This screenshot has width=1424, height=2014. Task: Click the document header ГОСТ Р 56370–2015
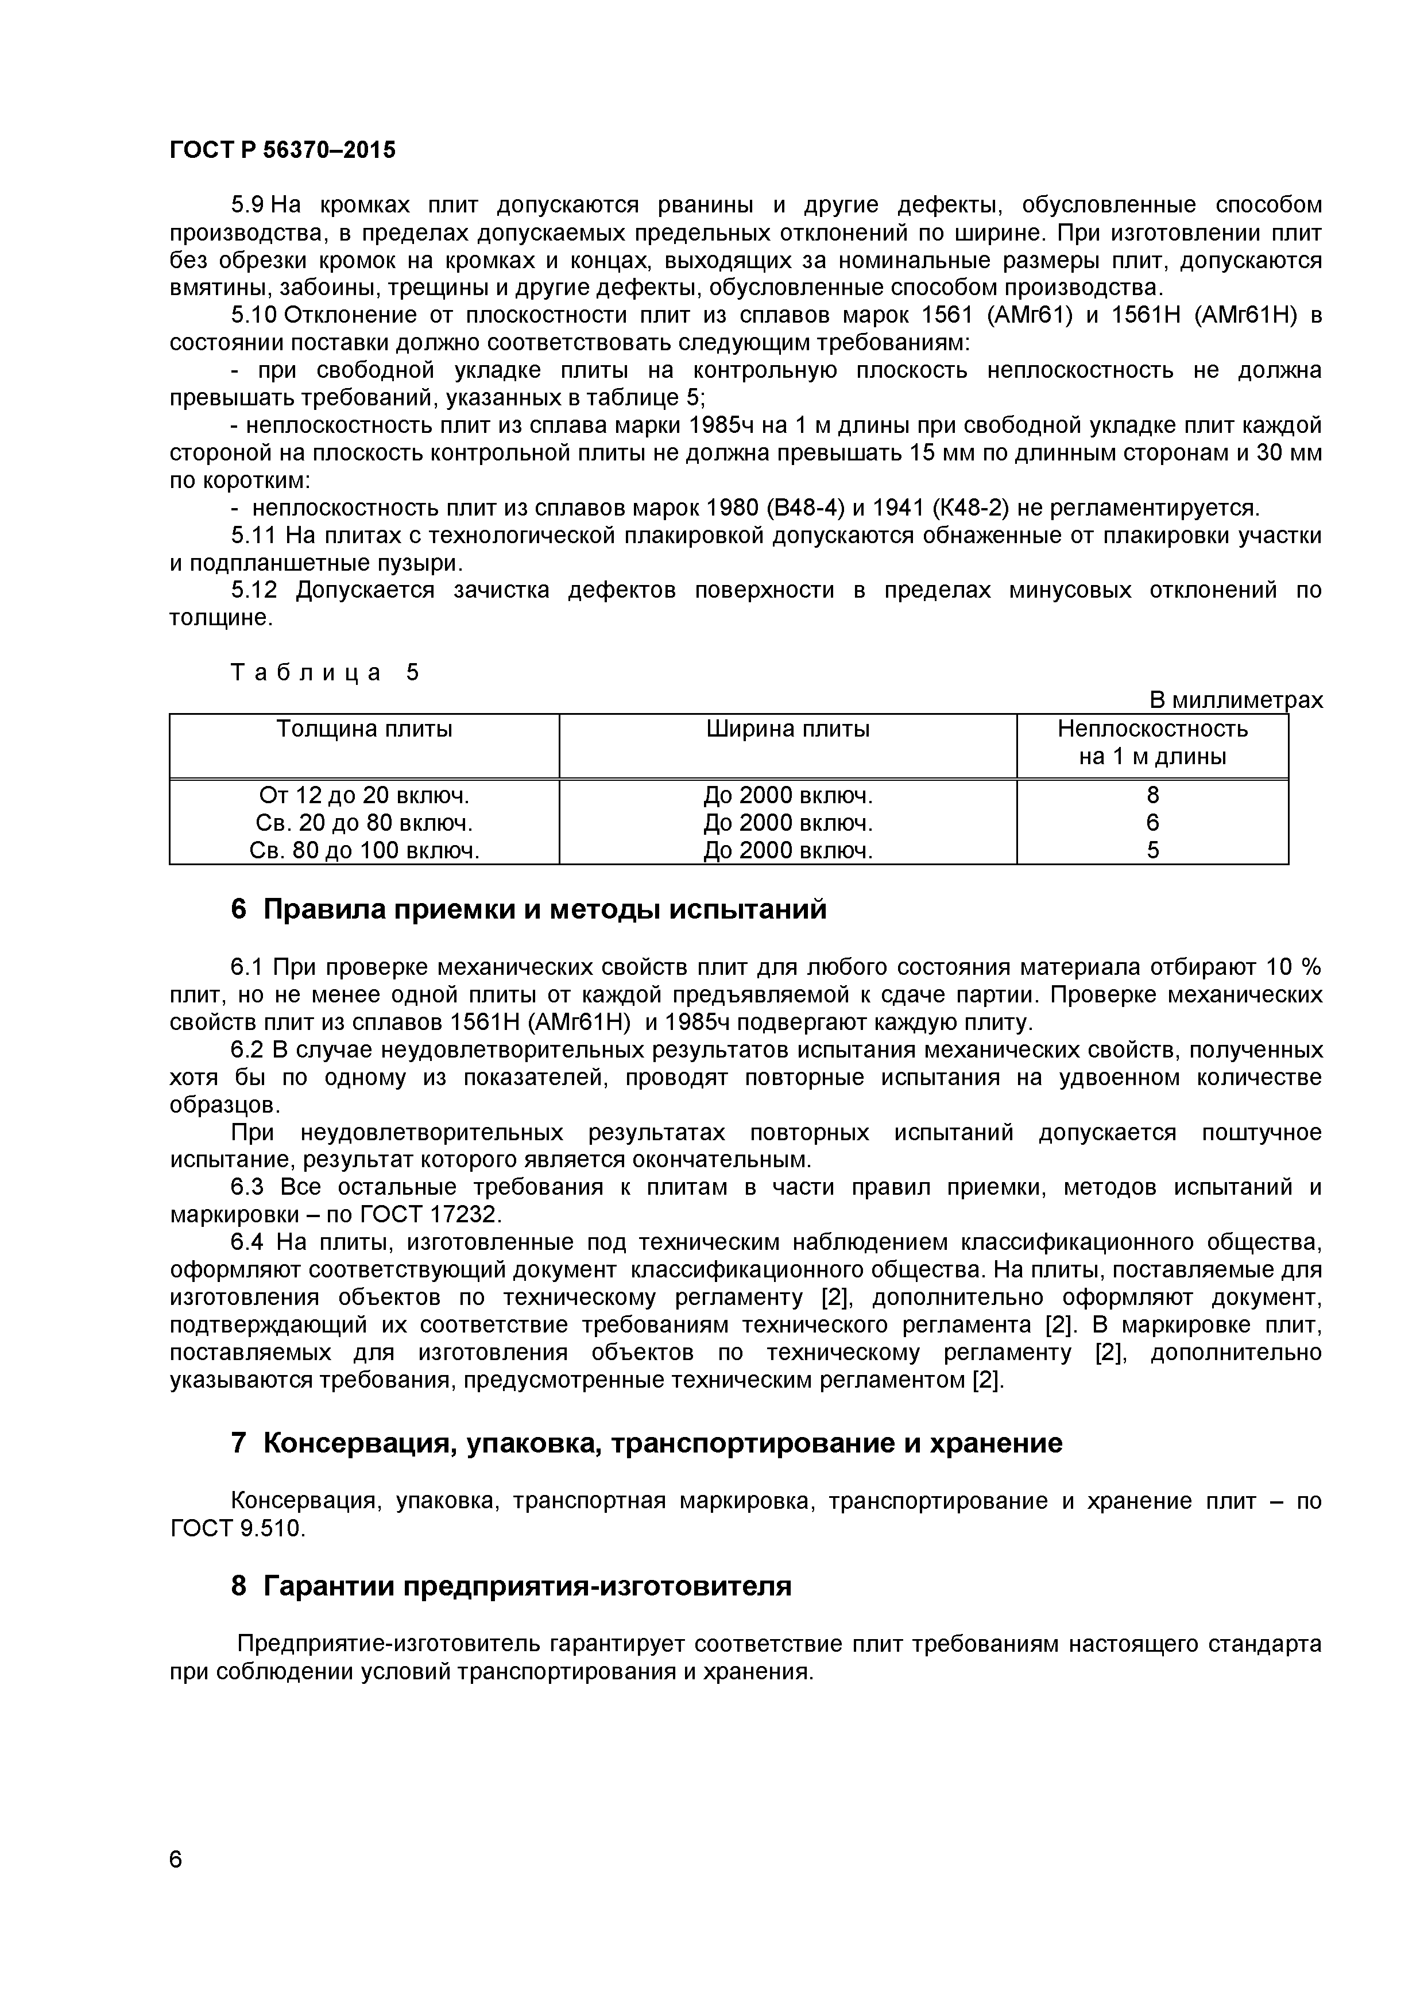(x=281, y=150)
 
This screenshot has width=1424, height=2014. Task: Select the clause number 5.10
(x=254, y=316)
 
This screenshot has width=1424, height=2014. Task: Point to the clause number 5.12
(x=254, y=590)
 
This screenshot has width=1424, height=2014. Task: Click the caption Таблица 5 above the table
(x=324, y=673)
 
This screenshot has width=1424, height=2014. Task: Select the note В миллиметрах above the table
(x=1235, y=700)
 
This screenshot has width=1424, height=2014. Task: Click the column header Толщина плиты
(x=364, y=729)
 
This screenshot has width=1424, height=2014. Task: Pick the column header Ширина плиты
(x=787, y=729)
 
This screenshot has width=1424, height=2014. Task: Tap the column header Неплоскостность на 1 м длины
(x=1152, y=742)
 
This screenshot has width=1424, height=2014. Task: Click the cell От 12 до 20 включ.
(x=364, y=796)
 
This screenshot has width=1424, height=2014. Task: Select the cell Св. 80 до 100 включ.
(x=364, y=850)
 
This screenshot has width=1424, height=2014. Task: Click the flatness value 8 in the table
(x=1152, y=796)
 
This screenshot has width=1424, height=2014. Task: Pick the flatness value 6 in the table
(x=1152, y=823)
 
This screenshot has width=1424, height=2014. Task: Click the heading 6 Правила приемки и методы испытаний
(x=528, y=909)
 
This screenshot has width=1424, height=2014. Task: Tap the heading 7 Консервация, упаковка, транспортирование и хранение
(x=646, y=1443)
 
